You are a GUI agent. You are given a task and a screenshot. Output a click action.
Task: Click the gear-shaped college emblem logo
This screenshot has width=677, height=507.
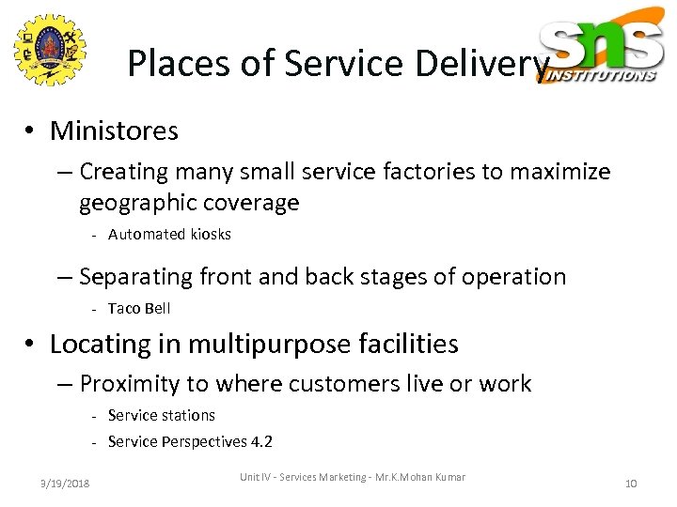pos(49,52)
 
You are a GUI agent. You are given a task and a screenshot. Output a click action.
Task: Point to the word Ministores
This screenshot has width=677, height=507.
pos(114,131)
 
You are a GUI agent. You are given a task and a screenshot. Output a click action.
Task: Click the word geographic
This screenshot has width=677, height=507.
pos(139,203)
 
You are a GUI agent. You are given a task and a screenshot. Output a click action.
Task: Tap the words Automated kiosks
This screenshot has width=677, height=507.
pos(169,235)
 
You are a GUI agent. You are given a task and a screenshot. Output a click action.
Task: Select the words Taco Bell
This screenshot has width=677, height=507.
pos(139,309)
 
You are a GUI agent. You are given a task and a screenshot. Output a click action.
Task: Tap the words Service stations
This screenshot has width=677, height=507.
pos(162,415)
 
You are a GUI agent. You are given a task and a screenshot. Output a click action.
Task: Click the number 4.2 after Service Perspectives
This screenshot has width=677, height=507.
pos(260,442)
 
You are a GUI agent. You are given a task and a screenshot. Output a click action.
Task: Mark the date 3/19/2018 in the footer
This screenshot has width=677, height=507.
pos(65,484)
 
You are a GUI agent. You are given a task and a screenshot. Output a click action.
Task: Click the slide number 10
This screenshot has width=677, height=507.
pos(631,484)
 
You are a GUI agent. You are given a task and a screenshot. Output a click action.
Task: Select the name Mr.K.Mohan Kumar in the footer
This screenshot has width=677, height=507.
pos(424,478)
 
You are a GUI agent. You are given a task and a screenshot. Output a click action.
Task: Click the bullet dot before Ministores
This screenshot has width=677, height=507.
pos(32,131)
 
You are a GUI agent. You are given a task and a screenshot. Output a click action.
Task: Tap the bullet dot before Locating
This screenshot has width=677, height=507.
pos(32,346)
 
